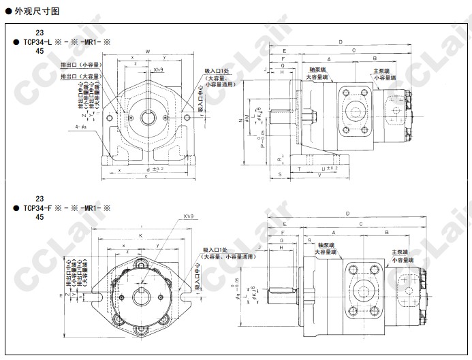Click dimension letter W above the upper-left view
pyautogui.click(x=147, y=52)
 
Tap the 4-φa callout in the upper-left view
pyautogui.click(x=81, y=127)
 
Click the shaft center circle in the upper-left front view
pyautogui.click(x=147, y=116)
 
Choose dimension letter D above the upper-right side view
pyautogui.click(x=341, y=42)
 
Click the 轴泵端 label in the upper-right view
pyautogui.click(x=318, y=69)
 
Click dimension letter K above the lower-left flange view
pyautogui.click(x=141, y=235)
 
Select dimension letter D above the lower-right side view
pyautogui.click(x=347, y=214)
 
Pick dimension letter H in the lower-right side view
pyautogui.click(x=282, y=247)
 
